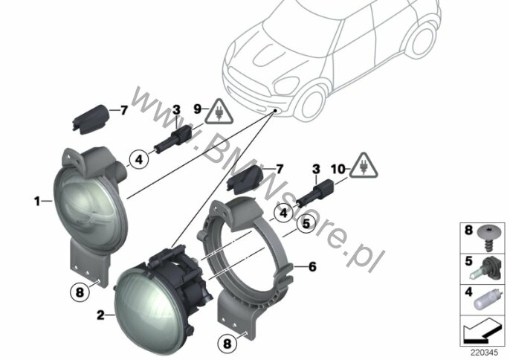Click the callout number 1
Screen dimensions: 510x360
pos(37,202)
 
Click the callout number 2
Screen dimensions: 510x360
pos(101,315)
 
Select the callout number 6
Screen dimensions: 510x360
pos(312,267)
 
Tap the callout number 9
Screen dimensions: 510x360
pos(198,109)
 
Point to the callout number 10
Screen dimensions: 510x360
pos(338,170)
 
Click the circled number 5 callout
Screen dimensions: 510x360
pos(306,225)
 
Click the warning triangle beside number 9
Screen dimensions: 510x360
pos(219,112)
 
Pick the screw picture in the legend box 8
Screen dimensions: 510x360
pos(489,237)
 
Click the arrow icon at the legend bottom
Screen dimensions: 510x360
pos(482,330)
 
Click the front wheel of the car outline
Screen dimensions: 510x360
pos(312,104)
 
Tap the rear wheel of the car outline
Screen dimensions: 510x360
pos(422,40)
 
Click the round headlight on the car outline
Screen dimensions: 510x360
pos(286,85)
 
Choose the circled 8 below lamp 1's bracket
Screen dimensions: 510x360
pos(80,292)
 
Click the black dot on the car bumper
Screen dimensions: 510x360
pos(275,111)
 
